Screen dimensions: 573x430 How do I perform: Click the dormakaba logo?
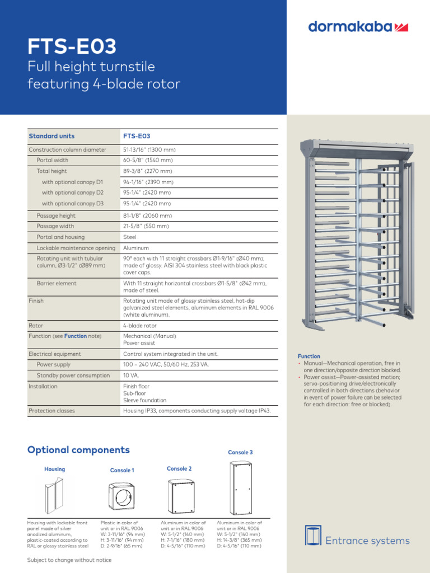click(x=358, y=26)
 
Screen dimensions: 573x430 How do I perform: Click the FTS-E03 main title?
click(x=72, y=46)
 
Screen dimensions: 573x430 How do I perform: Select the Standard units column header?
click(x=52, y=136)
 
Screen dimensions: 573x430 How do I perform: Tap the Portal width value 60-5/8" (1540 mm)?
click(x=148, y=161)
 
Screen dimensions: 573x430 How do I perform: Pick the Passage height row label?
click(x=56, y=215)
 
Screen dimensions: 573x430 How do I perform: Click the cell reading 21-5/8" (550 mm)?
click(x=146, y=227)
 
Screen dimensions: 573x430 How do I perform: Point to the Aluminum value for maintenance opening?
click(x=136, y=248)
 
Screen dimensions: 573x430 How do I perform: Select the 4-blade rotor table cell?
click(x=140, y=326)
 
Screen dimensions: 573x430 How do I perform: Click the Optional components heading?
click(x=78, y=450)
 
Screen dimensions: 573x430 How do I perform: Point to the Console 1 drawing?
click(x=122, y=495)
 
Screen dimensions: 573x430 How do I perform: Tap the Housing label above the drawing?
click(x=54, y=469)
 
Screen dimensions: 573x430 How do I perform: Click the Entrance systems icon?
click(x=313, y=536)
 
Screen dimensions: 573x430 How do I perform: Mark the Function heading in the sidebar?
click(x=309, y=356)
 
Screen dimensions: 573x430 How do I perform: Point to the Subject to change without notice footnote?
click(x=69, y=560)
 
